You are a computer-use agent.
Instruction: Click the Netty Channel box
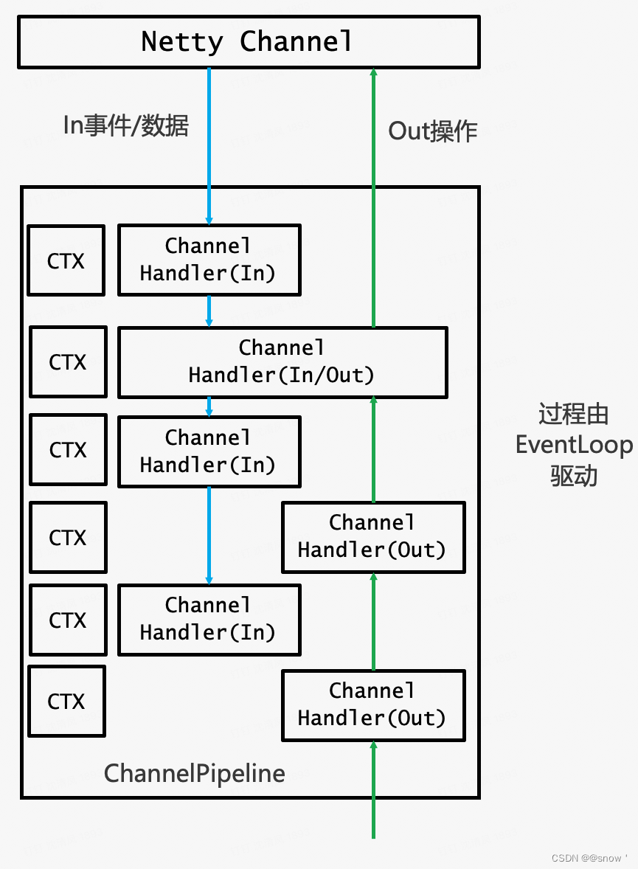(x=249, y=41)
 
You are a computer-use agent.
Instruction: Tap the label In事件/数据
(x=126, y=125)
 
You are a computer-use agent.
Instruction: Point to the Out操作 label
(x=433, y=131)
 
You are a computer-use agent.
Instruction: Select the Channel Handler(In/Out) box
(x=282, y=362)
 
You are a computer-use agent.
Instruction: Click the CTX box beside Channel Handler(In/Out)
(x=68, y=362)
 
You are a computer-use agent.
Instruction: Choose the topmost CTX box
(x=66, y=261)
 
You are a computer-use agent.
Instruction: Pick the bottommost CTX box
(x=66, y=701)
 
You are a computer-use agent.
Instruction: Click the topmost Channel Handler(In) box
(x=209, y=260)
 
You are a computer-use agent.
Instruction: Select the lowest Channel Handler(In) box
(x=209, y=620)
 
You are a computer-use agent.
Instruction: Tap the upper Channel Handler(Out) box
(x=373, y=537)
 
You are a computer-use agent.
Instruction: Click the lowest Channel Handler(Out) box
(x=373, y=705)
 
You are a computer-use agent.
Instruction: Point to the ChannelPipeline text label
(x=195, y=773)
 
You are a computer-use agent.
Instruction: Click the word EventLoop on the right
(x=574, y=446)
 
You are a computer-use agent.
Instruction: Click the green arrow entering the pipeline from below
(x=373, y=789)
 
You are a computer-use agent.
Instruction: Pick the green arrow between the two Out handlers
(x=373, y=621)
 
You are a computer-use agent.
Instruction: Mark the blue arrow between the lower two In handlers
(x=209, y=536)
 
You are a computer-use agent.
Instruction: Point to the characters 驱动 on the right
(x=574, y=476)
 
